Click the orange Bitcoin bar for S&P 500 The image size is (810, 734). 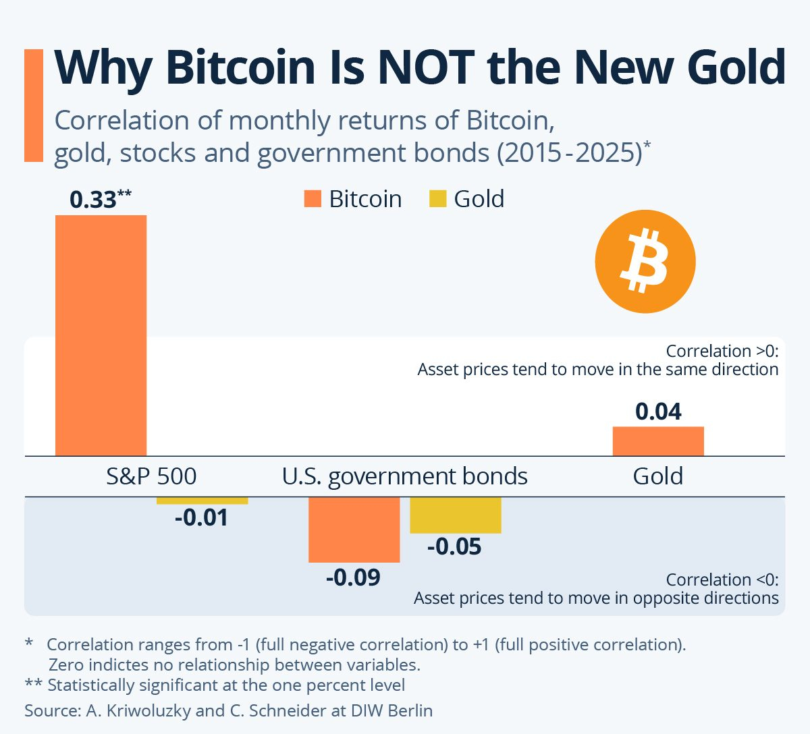(x=101, y=335)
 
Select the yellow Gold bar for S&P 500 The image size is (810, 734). (x=202, y=501)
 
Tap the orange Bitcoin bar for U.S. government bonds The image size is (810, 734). (x=354, y=530)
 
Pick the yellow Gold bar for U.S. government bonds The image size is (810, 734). (x=456, y=515)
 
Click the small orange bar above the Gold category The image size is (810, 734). (x=658, y=441)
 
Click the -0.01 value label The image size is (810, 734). (x=201, y=518)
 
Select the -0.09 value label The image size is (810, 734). (x=353, y=577)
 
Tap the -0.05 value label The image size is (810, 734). (x=454, y=546)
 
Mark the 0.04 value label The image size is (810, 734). (x=658, y=412)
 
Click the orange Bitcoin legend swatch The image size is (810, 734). (x=313, y=199)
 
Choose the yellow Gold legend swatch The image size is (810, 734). (x=438, y=199)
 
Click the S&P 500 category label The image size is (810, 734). (x=151, y=476)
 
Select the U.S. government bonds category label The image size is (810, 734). (x=405, y=476)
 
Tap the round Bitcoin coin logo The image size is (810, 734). (x=645, y=261)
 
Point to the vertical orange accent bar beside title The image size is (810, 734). (x=34, y=105)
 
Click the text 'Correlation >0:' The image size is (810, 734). (x=722, y=351)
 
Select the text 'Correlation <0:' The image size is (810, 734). (x=722, y=580)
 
